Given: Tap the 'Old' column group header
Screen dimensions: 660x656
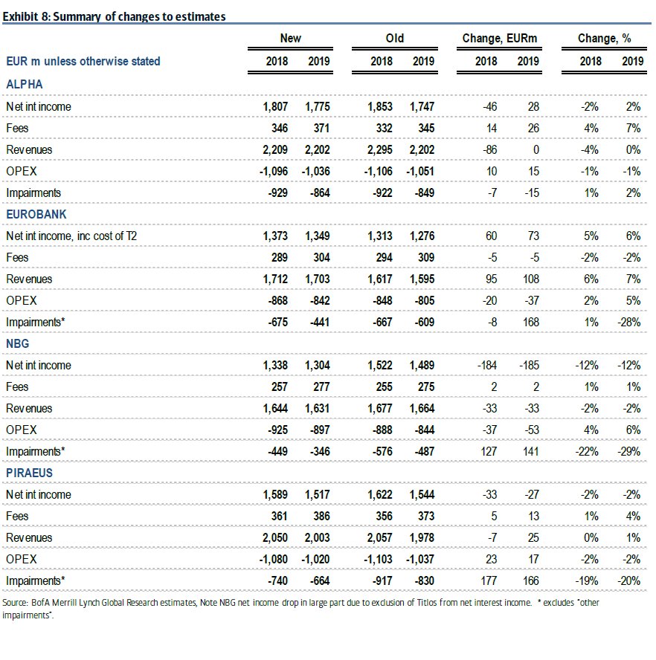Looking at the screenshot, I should pos(395,38).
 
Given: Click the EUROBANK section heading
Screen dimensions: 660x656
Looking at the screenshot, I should pos(36,214).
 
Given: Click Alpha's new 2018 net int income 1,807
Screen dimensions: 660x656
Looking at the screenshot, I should pos(276,106).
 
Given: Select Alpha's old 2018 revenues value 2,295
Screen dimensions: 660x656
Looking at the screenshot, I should pos(381,149).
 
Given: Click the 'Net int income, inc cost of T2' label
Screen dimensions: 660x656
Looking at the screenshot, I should pos(71,236).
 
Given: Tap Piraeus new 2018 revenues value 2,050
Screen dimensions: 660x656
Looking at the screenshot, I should pos(276,537).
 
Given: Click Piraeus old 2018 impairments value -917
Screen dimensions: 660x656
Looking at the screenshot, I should pos(382,580).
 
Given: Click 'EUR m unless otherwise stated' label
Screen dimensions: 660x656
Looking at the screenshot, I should pos(83,61).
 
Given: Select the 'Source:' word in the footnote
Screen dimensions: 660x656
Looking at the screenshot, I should pos(14,603).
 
